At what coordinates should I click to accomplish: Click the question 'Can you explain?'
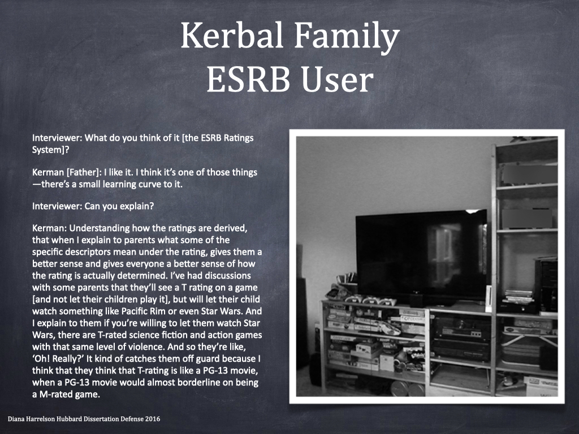(119, 206)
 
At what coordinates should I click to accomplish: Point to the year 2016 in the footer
(153, 419)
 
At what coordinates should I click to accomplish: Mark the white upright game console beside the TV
(489, 299)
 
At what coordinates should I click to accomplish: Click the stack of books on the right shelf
(518, 296)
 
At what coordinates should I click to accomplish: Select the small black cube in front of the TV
(416, 300)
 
